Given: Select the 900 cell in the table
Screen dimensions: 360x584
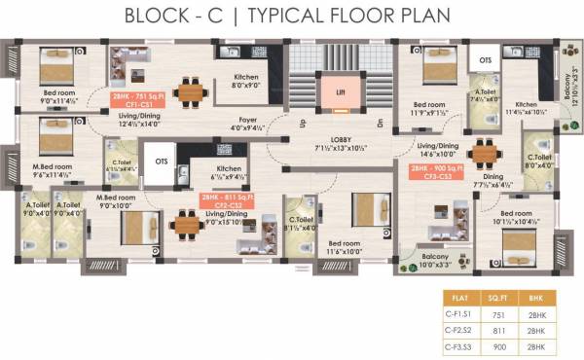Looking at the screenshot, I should [x=497, y=344].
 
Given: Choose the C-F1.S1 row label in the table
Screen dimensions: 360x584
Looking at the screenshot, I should [x=456, y=315].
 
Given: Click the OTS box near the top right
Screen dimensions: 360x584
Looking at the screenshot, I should [x=485, y=58].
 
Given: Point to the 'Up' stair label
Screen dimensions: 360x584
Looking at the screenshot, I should [x=302, y=122].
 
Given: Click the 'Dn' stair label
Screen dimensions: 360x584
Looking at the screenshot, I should [x=380, y=122].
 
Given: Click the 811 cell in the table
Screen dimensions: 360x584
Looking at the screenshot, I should [x=497, y=330].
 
